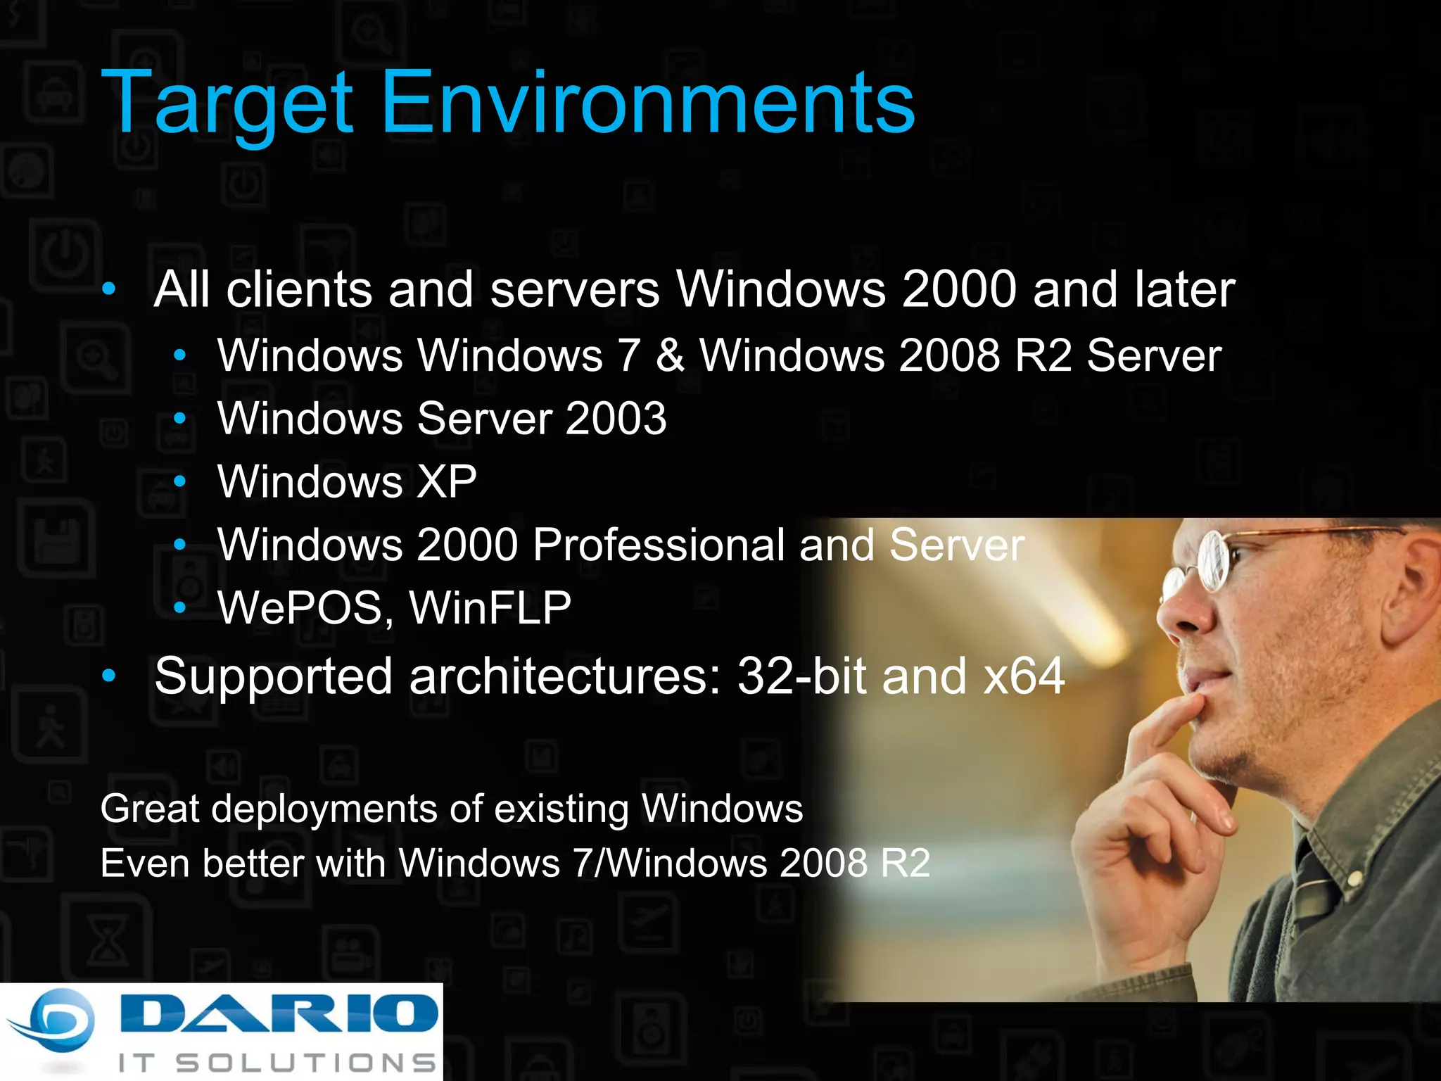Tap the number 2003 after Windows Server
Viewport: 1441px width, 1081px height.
[616, 419]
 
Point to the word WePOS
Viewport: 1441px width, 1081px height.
[300, 608]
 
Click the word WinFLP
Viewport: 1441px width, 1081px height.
[490, 608]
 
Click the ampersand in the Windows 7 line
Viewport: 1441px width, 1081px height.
[670, 355]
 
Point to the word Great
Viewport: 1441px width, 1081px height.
[150, 809]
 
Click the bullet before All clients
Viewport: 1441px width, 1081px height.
[108, 289]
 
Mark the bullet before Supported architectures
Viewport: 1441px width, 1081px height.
[108, 676]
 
